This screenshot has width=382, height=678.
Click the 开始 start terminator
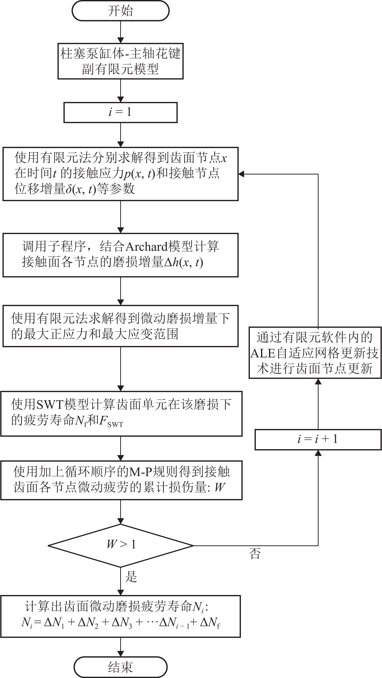tap(121, 11)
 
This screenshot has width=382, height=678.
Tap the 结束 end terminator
tap(121, 667)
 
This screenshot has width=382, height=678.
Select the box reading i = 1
tap(120, 112)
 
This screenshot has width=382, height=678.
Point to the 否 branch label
tap(255, 553)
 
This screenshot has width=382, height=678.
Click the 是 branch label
tap(131, 576)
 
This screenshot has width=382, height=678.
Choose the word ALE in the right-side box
tap(263, 353)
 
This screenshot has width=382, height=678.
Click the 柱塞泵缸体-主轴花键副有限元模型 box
tap(120, 61)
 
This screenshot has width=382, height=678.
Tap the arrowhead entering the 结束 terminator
tap(121, 654)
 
